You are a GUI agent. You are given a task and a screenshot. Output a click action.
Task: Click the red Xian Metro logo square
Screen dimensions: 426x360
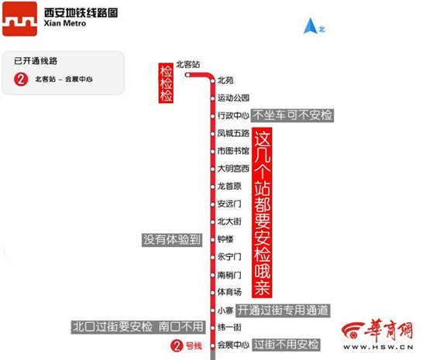(x=19, y=19)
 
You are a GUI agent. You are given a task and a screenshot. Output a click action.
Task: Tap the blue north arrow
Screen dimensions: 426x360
(x=311, y=26)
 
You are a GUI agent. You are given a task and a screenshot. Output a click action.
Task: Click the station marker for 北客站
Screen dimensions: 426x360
(x=187, y=74)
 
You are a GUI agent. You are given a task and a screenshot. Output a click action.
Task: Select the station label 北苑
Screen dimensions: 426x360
(x=225, y=81)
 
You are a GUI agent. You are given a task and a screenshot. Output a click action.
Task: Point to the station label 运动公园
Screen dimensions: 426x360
(x=233, y=98)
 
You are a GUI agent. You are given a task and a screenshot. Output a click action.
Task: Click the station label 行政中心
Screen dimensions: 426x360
(x=233, y=115)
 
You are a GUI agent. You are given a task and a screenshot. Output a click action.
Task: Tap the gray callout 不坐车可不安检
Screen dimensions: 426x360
(x=292, y=115)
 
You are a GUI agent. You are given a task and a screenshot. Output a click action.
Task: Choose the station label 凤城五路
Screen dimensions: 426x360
(x=233, y=133)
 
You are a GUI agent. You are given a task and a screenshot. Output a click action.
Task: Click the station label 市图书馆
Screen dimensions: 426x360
(x=233, y=151)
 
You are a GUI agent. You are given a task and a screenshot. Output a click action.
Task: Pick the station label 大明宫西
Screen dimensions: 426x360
(x=233, y=169)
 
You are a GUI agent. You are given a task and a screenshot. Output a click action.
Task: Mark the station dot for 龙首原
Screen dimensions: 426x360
(x=213, y=187)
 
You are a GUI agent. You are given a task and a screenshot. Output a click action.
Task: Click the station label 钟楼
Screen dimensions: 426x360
(x=225, y=239)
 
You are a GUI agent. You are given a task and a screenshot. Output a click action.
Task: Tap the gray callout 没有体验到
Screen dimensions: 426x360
(x=172, y=240)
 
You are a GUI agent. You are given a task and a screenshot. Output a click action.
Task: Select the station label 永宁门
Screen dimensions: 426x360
(x=229, y=257)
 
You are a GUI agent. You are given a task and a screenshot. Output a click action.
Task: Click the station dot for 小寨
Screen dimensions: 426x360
(x=213, y=310)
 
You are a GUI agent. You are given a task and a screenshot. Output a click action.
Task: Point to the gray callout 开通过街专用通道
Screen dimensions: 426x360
(x=283, y=310)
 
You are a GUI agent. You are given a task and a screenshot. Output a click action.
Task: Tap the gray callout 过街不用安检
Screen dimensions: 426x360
(x=286, y=345)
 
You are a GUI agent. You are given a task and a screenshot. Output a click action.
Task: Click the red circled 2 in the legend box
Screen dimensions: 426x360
(x=21, y=79)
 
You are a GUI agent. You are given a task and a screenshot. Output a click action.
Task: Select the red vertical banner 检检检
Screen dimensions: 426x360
(x=166, y=83)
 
